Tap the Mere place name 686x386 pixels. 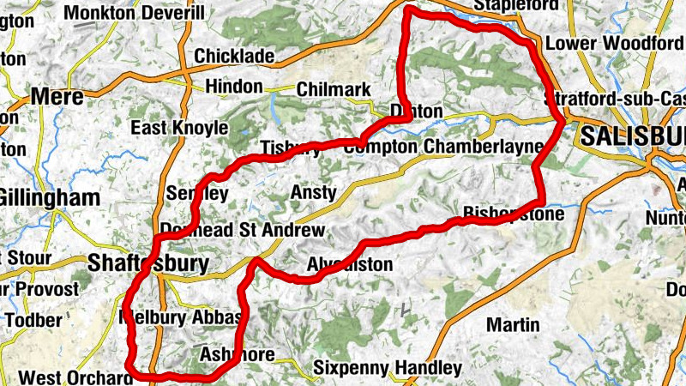coord(57,97)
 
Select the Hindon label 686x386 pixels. coord(233,87)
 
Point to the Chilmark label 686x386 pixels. coord(334,89)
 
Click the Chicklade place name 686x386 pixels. coord(234,57)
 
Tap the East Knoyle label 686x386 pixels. coord(179,128)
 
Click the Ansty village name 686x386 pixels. coord(314,192)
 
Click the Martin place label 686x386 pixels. coord(513,325)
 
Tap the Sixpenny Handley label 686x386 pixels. coord(387,368)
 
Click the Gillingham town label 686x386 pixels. coord(49,198)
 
